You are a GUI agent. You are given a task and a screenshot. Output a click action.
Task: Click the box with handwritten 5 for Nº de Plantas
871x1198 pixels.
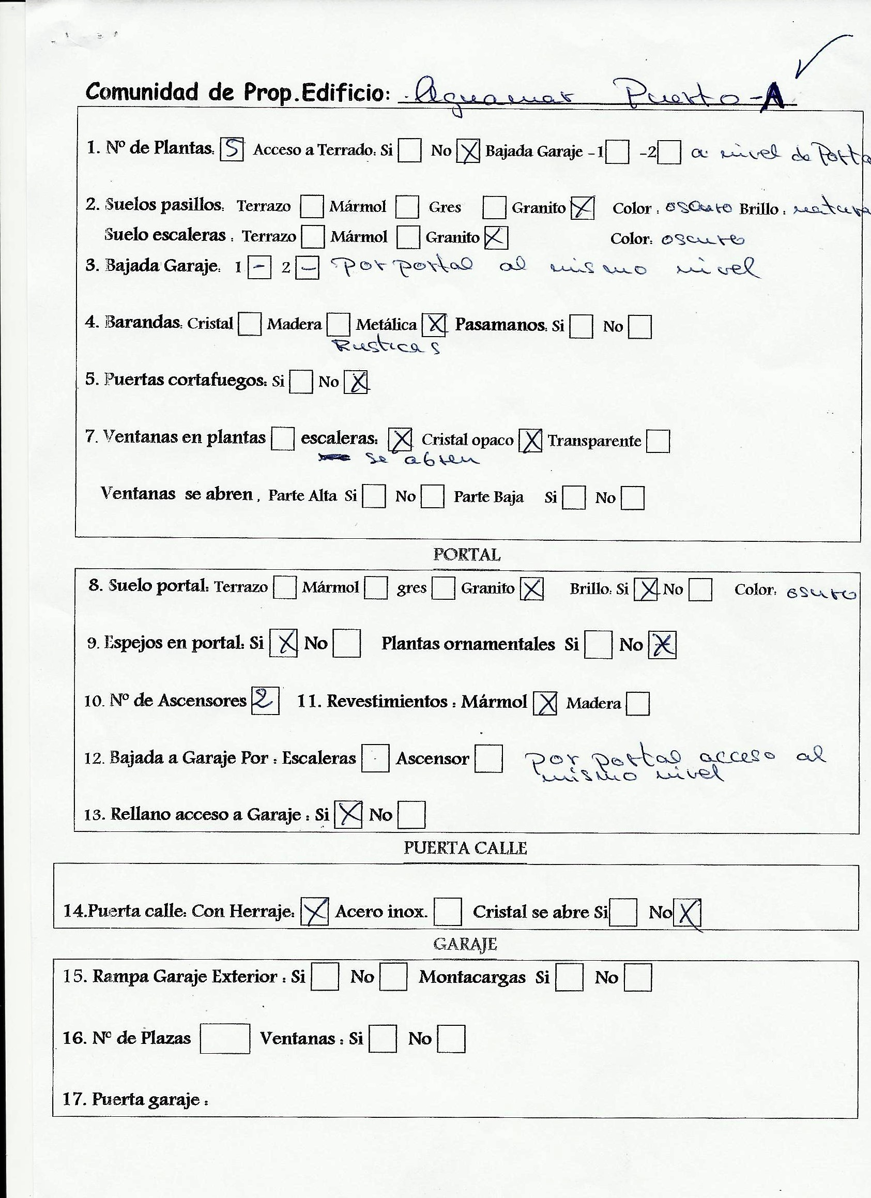pos(232,148)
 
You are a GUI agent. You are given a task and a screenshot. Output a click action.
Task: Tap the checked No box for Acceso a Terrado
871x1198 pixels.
pos(468,151)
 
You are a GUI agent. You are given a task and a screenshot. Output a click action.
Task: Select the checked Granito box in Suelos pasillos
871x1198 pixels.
pos(582,207)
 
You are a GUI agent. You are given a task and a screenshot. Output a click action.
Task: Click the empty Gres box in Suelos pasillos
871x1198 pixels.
pos(494,207)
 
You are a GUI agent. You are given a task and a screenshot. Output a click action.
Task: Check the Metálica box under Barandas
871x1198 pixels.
pos(435,324)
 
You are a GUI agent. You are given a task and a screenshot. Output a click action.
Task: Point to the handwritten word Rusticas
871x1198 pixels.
pos(386,346)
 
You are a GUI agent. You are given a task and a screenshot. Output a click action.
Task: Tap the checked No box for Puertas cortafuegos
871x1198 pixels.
pos(356,382)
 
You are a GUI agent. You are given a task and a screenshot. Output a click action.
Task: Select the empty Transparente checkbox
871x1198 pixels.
pos(658,441)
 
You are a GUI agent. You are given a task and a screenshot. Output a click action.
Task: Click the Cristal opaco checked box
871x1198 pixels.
pos(530,441)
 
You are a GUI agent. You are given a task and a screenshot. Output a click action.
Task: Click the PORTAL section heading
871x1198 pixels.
pos(466,555)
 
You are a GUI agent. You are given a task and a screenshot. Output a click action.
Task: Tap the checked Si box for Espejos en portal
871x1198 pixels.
pos(284,643)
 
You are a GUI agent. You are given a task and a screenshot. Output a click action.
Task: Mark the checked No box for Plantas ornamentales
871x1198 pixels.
pos(662,645)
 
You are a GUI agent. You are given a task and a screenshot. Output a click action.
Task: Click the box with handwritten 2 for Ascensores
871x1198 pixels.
pos(265,701)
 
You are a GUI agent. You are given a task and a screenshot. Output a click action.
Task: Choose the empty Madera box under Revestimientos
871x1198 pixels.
pos(637,704)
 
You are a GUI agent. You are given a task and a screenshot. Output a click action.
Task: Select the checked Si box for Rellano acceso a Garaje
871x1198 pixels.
pos(348,814)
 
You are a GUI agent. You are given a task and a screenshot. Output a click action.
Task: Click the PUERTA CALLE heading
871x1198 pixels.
pos(465,848)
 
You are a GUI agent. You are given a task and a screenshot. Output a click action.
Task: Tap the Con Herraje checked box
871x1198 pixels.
pos(314,911)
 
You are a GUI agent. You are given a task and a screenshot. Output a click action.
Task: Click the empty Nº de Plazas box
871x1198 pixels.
pos(225,1038)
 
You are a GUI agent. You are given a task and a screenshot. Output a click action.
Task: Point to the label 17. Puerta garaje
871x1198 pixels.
pos(135,1100)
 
